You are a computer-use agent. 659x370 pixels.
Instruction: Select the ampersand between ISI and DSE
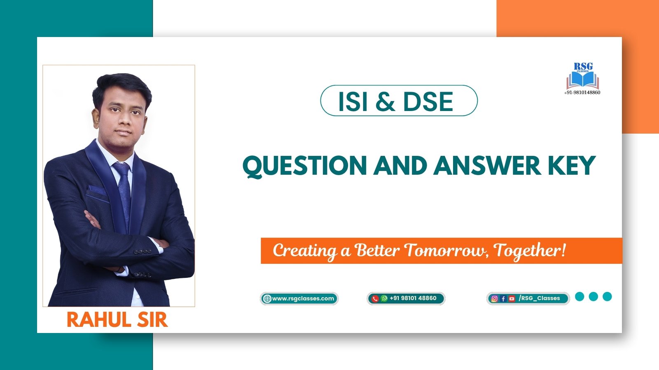click(x=386, y=101)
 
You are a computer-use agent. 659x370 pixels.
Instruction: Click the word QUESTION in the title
click(x=305, y=166)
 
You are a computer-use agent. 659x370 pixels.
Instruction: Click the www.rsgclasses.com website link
click(x=303, y=298)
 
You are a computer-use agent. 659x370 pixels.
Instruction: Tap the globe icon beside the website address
click(x=267, y=298)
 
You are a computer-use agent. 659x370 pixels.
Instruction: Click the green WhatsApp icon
click(x=384, y=298)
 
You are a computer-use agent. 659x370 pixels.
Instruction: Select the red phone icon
click(x=375, y=298)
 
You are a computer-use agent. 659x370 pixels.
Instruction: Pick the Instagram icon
click(x=494, y=298)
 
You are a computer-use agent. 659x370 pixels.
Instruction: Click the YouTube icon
click(x=512, y=298)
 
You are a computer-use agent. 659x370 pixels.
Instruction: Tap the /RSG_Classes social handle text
click(x=539, y=298)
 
